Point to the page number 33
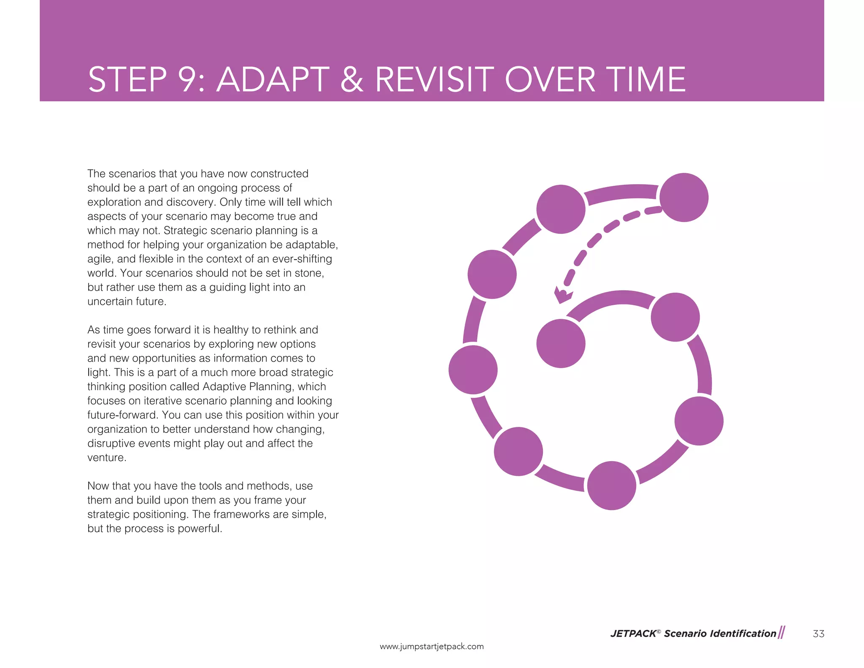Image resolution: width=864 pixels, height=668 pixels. pyautogui.click(x=818, y=633)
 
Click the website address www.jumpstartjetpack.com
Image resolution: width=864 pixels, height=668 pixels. pyautogui.click(x=432, y=646)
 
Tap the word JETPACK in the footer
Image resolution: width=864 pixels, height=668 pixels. pyautogui.click(x=633, y=633)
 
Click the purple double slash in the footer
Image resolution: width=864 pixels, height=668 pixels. pyautogui.click(x=781, y=633)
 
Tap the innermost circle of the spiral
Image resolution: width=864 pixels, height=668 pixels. pyautogui.click(x=561, y=343)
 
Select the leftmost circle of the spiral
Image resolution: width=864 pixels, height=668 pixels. pyautogui.click(x=473, y=370)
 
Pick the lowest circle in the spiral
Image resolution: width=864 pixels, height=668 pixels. pyautogui.click(x=611, y=486)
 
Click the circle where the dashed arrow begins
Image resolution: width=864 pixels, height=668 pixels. pyautogui.click(x=683, y=197)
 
